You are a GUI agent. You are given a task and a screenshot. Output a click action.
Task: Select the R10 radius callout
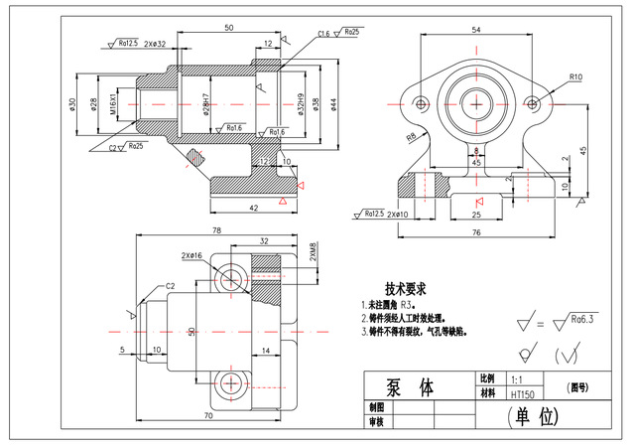574,75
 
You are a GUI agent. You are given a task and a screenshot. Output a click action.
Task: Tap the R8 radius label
409,137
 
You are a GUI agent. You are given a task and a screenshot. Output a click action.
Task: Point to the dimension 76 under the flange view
477,231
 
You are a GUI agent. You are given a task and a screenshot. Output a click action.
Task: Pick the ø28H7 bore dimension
206,102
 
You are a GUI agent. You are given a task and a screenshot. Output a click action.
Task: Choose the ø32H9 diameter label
299,102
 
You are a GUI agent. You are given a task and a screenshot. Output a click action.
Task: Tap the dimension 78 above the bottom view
217,230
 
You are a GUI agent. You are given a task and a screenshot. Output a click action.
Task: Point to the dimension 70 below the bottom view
208,415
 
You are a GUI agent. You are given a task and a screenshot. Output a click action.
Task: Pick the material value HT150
522,394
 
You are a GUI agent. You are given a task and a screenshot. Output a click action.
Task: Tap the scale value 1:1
516,379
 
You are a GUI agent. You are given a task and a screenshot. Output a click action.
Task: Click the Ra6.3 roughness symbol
585,319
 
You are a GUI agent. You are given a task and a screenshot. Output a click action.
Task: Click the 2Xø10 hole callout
397,214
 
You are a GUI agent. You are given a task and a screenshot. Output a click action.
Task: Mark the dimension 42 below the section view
254,207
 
